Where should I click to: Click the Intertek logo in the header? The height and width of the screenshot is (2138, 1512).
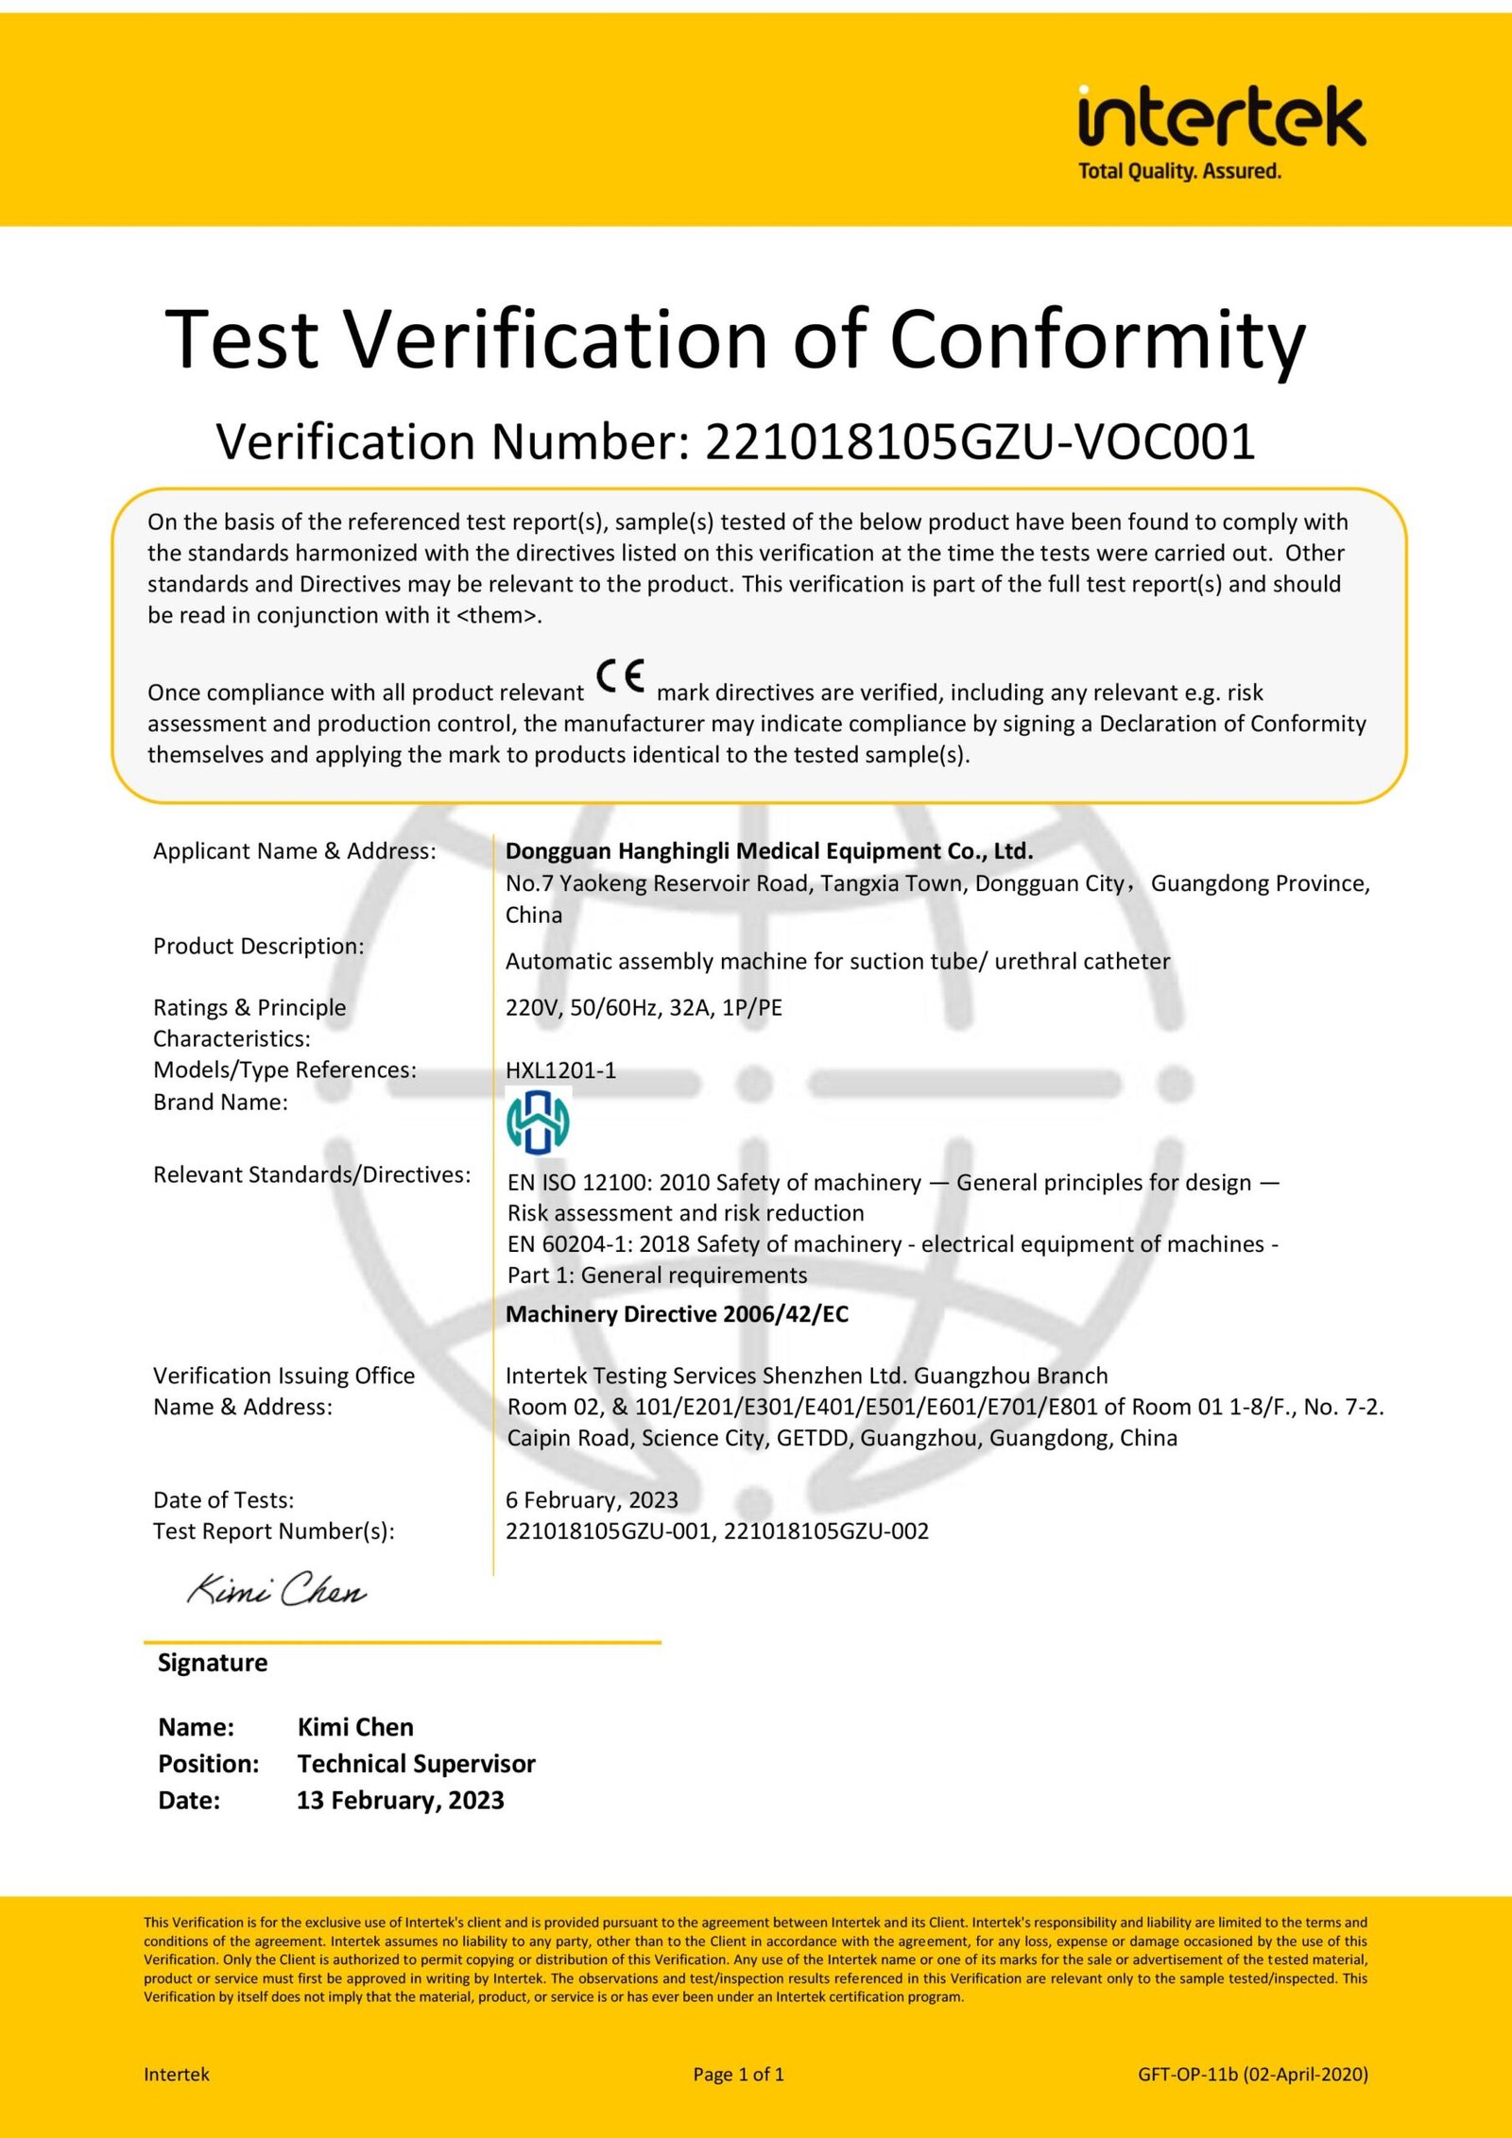(1221, 117)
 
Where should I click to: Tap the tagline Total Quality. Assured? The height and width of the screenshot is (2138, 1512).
(1179, 172)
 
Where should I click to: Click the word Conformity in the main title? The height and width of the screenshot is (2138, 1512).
(1097, 339)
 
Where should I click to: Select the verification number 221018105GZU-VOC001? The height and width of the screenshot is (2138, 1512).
(980, 441)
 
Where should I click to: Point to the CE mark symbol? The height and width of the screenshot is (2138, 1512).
(621, 676)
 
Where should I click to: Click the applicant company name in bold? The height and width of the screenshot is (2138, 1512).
(769, 851)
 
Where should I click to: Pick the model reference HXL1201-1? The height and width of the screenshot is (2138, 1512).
(560, 1070)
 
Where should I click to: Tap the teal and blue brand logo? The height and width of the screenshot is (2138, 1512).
(538, 1121)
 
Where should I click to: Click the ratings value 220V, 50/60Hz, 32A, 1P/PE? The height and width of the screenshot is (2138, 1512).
(644, 1008)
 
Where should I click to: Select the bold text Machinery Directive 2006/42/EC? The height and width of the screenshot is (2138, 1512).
(677, 1314)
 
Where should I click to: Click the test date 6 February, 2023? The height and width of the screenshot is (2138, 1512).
(592, 1500)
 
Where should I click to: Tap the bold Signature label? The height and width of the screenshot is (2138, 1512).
(213, 1663)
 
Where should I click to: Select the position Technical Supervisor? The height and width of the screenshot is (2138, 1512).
(416, 1764)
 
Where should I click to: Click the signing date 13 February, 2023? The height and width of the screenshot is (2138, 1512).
(400, 1801)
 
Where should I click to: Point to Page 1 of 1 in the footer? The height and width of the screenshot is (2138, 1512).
(738, 2075)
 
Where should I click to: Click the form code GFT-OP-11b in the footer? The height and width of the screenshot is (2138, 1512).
(1187, 2075)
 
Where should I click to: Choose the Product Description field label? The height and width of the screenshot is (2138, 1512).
(258, 947)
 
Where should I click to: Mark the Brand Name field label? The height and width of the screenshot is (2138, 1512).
(220, 1103)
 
